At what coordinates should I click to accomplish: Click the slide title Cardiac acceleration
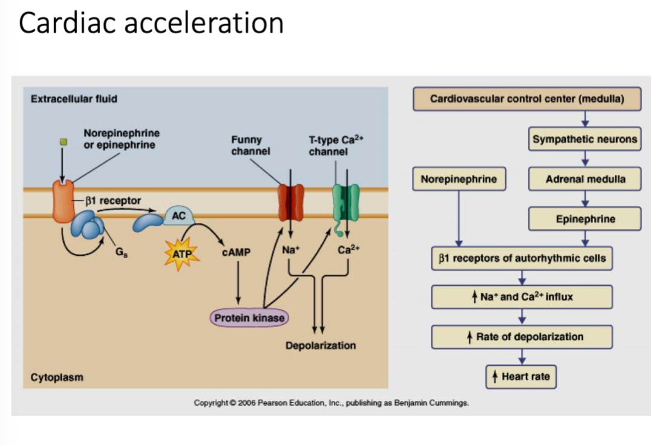tap(151, 23)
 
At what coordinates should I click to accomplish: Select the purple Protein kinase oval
tap(249, 317)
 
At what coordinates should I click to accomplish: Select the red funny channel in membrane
tap(290, 203)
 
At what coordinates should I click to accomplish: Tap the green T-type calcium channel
tap(345, 203)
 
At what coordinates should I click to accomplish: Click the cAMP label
tap(236, 252)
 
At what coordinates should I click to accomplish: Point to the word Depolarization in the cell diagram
tap(321, 345)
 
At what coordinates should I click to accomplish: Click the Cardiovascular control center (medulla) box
tap(526, 99)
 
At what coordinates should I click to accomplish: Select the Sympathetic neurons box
tap(584, 139)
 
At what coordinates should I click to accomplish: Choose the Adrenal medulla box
tap(584, 179)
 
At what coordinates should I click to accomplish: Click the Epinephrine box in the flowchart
tap(584, 219)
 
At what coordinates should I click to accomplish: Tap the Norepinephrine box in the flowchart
tap(459, 179)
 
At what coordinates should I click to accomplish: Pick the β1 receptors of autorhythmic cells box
tap(522, 258)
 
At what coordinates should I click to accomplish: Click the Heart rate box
tap(521, 377)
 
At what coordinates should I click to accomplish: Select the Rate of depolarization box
tap(522, 337)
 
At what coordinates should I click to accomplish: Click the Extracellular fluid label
tap(74, 99)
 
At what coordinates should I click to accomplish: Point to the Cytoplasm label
tap(57, 377)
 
